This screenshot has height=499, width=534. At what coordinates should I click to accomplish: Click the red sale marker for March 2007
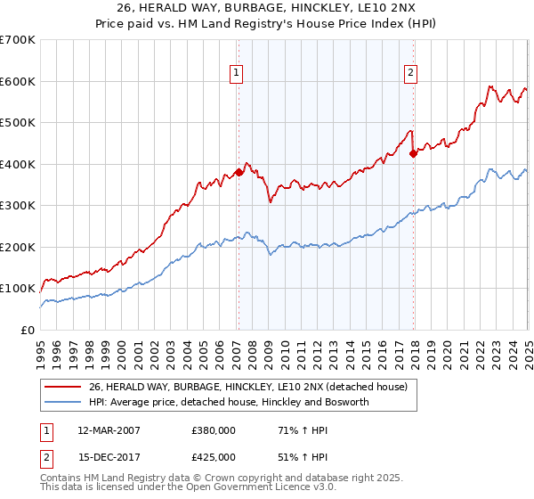click(239, 172)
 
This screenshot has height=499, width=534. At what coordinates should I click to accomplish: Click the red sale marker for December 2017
click(413, 153)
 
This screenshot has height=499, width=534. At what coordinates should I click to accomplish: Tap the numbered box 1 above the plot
click(238, 74)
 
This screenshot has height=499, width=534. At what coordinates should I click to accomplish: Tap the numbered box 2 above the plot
click(411, 74)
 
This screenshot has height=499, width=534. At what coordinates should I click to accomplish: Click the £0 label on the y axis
click(27, 330)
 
